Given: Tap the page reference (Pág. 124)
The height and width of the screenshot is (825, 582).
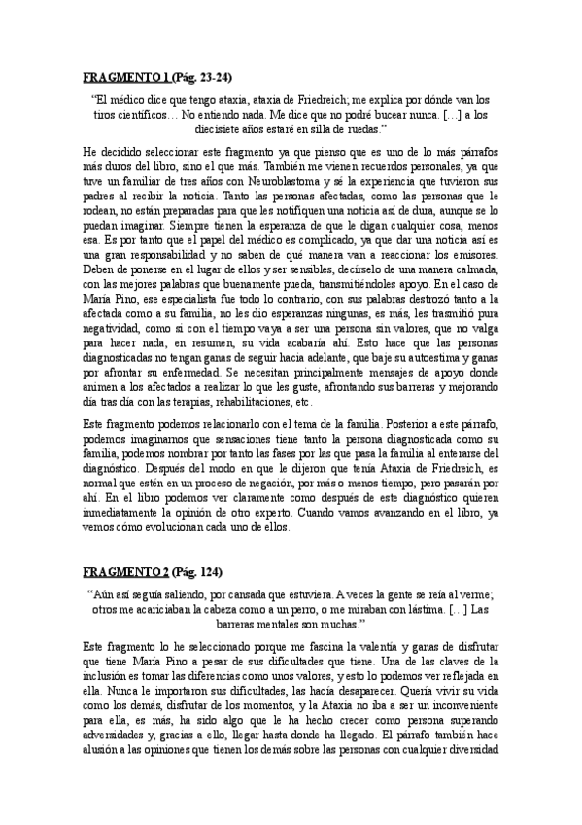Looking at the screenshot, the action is click(197, 572).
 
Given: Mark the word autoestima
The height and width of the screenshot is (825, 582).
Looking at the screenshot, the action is click(418, 364).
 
